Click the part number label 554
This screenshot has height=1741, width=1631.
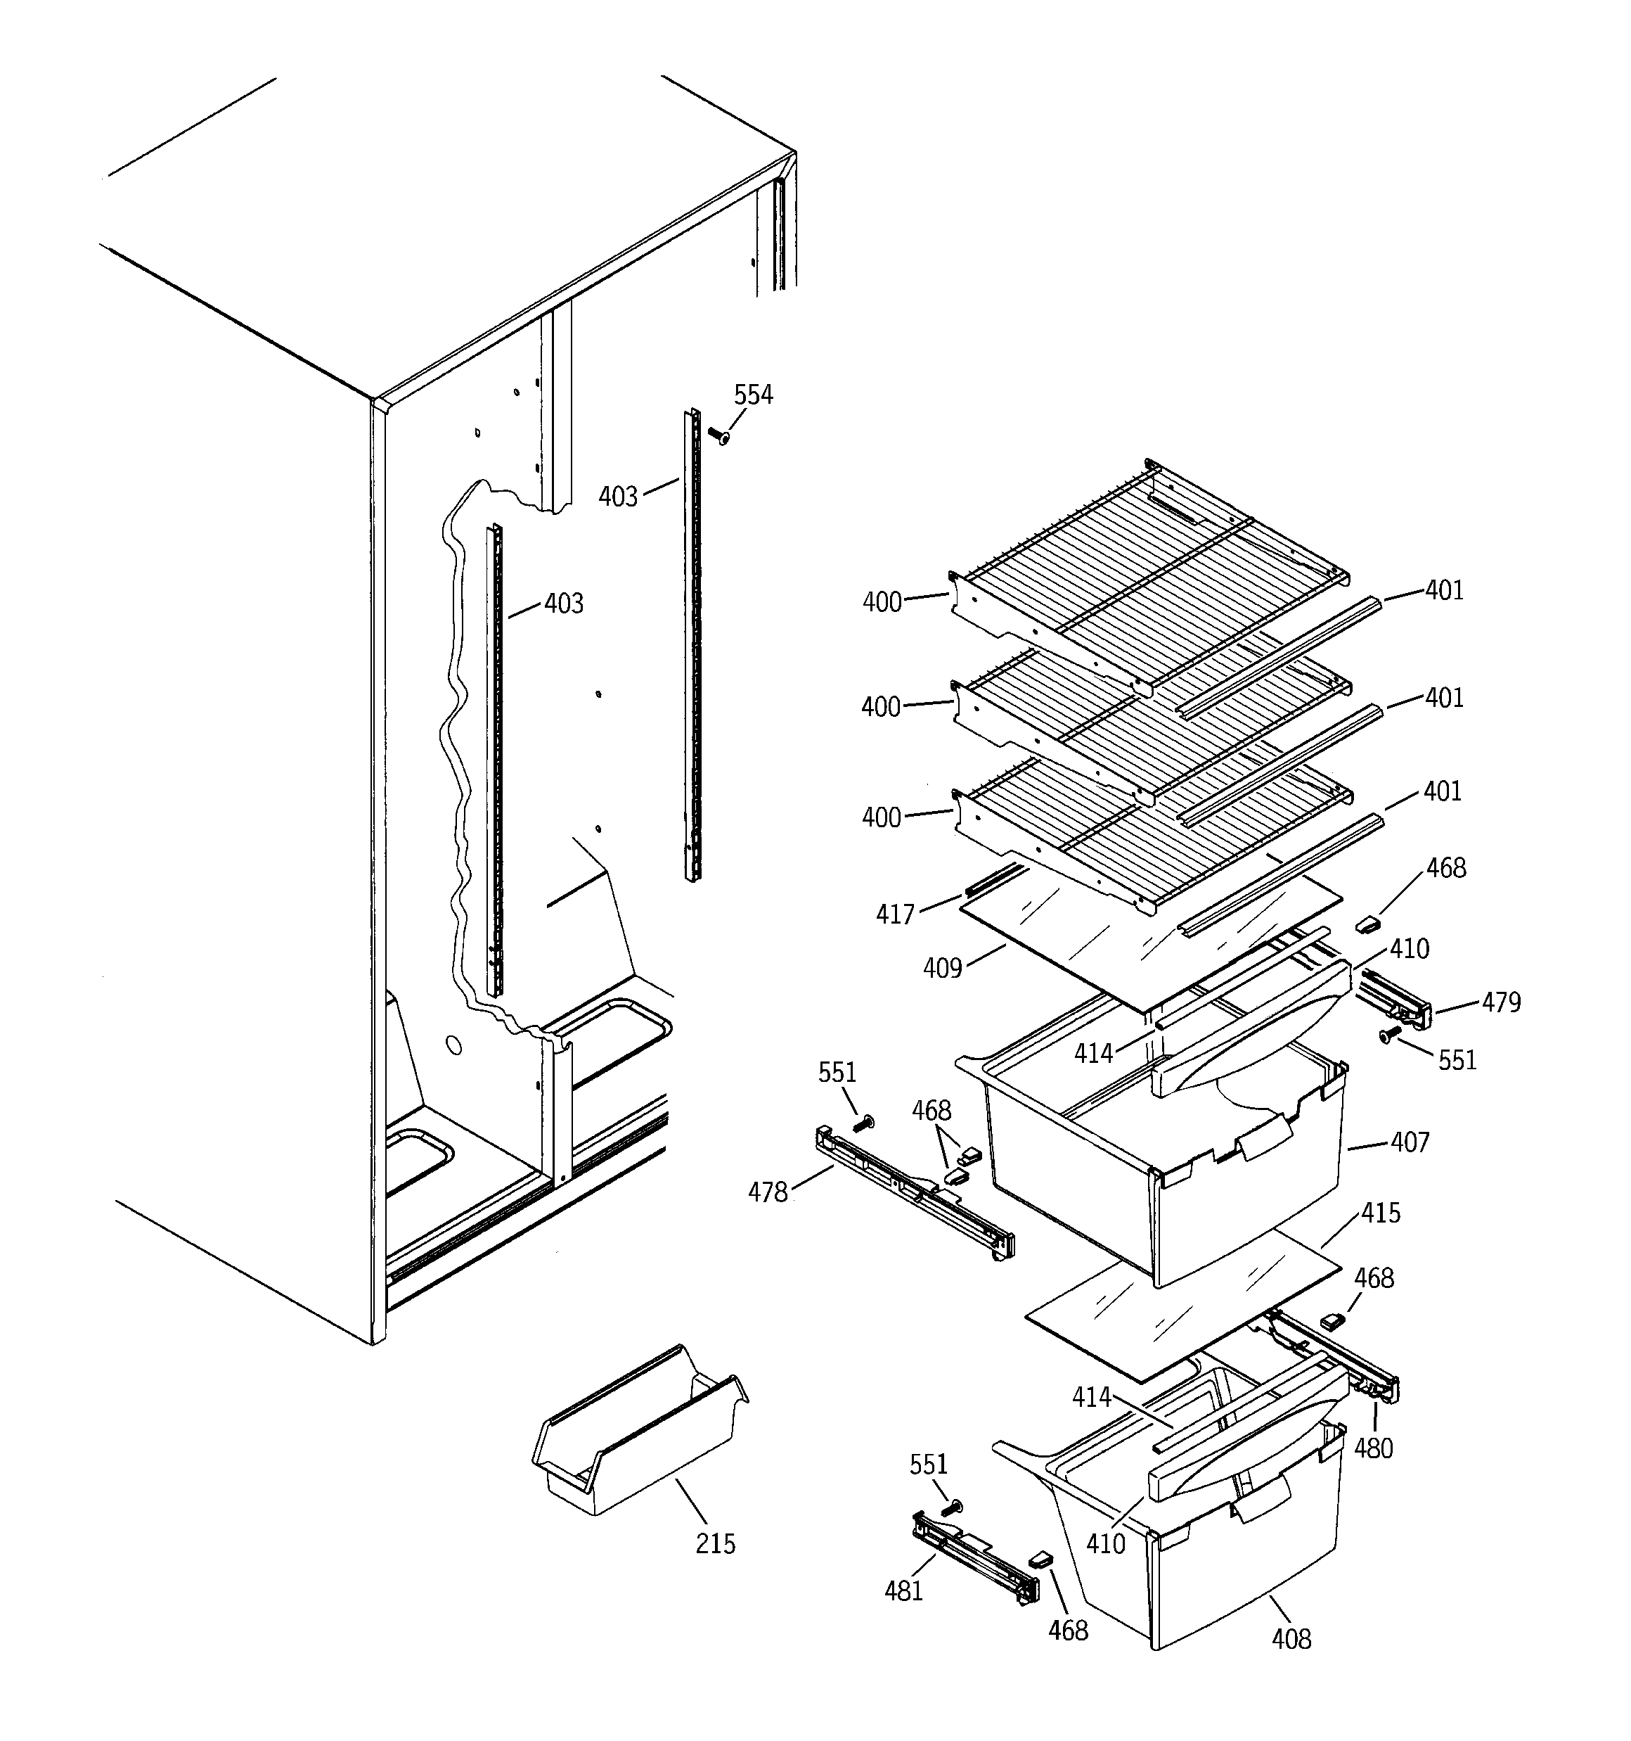click(753, 396)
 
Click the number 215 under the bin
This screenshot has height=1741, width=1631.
click(715, 1543)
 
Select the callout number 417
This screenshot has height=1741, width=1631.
click(895, 915)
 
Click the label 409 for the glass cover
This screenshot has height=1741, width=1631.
click(942, 969)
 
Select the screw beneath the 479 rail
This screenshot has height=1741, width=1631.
click(1388, 1037)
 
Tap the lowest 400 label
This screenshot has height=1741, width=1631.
click(881, 818)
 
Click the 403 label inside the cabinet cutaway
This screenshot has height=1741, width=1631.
click(563, 604)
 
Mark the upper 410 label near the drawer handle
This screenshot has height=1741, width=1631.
click(1410, 950)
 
